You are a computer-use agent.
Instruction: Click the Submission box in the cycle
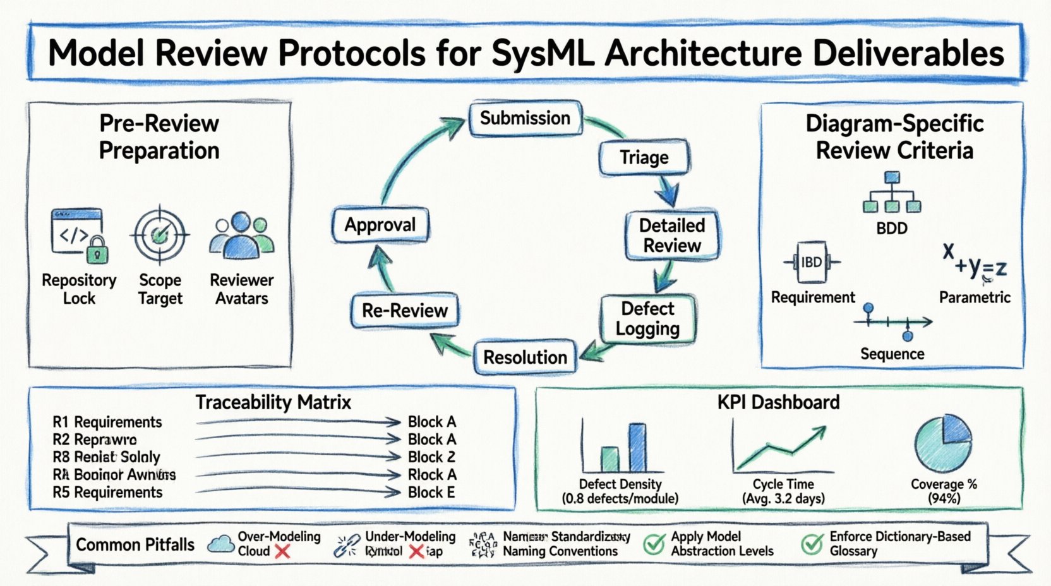point(525,118)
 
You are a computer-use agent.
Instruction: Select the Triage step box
point(644,157)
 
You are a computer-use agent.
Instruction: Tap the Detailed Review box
point(672,236)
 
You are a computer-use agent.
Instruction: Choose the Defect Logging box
point(648,319)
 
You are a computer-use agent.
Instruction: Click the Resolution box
point(525,357)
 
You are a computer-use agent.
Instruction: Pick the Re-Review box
point(405,311)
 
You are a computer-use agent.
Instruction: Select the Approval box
point(380,225)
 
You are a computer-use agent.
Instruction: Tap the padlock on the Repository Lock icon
point(97,251)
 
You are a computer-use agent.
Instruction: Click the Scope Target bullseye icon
point(160,235)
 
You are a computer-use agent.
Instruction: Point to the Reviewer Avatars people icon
point(242,236)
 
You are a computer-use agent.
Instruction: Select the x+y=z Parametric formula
point(974,263)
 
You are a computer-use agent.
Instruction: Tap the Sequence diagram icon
point(892,322)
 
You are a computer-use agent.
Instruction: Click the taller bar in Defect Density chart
point(638,448)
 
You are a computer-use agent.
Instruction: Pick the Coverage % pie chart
point(942,443)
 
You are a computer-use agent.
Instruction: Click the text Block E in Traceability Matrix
point(431,493)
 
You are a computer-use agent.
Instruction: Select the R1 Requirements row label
point(107,422)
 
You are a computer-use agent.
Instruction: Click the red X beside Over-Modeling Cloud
point(282,552)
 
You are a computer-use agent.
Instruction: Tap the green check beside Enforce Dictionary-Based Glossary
point(812,544)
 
